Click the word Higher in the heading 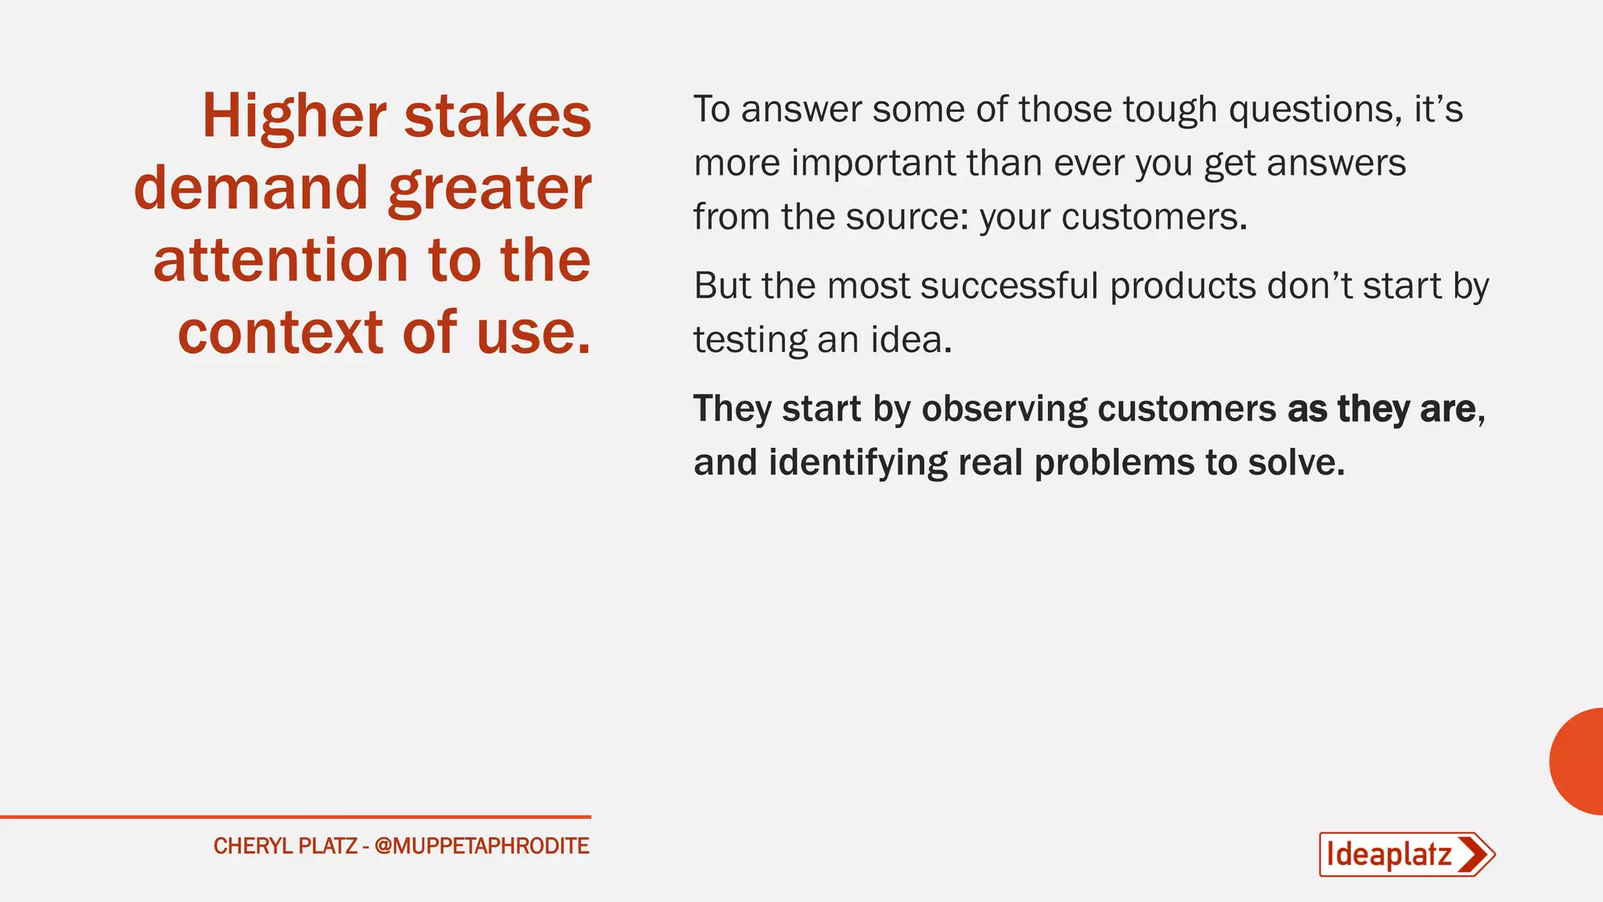(294, 117)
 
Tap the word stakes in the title (497, 116)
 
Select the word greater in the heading (489, 190)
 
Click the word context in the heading (280, 332)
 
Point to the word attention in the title (280, 261)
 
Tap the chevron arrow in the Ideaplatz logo (1475, 854)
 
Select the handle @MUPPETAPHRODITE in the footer (481, 846)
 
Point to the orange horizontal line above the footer (295, 817)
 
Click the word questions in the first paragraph (1315, 110)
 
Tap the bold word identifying (858, 463)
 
